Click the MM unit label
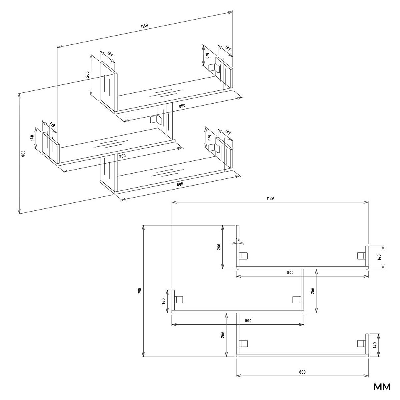click(382, 387)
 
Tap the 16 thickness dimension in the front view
click(238, 239)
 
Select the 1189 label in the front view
click(270, 198)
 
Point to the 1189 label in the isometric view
click(144, 26)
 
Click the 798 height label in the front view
click(139, 291)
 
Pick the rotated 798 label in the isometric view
click(23, 153)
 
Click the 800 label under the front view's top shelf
click(290, 273)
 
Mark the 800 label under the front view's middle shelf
click(248, 321)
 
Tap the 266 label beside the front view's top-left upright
click(219, 247)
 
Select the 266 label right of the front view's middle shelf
click(313, 291)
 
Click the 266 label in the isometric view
click(87, 75)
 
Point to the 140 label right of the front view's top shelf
click(379, 257)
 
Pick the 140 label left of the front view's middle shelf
click(163, 301)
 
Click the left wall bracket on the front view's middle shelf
click(179, 300)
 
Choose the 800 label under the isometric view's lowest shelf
click(180, 184)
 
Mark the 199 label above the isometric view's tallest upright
click(110, 54)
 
